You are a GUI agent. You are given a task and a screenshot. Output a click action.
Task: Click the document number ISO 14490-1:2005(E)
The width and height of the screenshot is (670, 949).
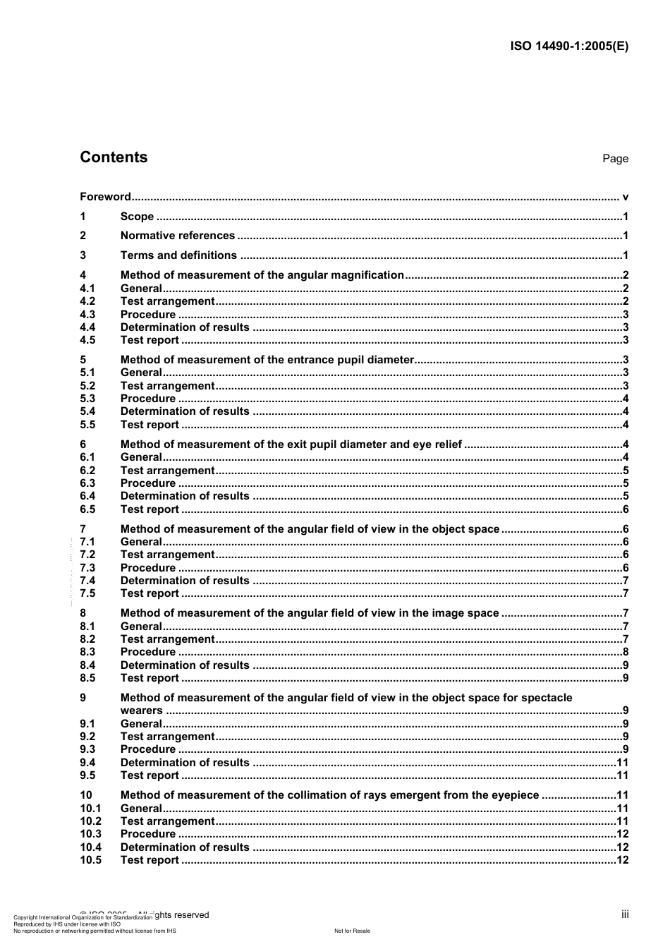[x=568, y=47]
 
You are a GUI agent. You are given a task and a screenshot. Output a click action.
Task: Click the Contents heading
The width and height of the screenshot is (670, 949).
[x=114, y=157]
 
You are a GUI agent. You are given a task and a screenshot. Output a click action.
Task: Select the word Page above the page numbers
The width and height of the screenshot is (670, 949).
[x=615, y=159]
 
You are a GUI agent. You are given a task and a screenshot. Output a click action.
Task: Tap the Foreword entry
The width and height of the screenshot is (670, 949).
[x=105, y=197]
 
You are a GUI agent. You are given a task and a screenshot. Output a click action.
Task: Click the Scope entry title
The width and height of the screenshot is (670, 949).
[x=137, y=217]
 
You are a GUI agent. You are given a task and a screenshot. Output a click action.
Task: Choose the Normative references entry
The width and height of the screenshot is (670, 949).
[x=177, y=236]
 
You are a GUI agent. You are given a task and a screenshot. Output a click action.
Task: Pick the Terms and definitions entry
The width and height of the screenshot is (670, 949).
[x=178, y=255]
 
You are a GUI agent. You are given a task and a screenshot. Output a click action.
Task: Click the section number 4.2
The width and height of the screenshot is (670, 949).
[x=87, y=301]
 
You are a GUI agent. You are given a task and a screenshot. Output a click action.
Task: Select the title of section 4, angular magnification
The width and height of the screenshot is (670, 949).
[x=262, y=275]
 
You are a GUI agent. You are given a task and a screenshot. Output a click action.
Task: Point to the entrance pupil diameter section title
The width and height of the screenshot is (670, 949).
[x=267, y=360]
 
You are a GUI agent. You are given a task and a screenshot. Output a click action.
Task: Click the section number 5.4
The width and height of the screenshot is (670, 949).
[x=87, y=411]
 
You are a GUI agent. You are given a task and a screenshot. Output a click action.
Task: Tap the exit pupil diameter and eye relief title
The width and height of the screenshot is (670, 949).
[x=291, y=445]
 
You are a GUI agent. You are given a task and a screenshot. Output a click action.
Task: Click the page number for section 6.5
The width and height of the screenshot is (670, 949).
[x=626, y=509]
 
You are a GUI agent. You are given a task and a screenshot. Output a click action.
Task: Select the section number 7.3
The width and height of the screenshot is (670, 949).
[x=87, y=568]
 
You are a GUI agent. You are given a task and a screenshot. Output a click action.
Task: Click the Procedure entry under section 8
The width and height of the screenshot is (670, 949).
[x=147, y=652]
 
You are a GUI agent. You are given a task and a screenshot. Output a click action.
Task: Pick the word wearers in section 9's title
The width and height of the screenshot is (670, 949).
[x=141, y=711]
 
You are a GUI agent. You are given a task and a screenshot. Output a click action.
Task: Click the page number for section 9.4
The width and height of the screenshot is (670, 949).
[x=622, y=763]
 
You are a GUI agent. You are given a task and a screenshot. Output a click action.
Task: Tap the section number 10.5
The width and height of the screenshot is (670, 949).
[x=90, y=860]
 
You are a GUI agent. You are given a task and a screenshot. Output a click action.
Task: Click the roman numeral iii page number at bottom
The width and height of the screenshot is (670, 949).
[x=625, y=914]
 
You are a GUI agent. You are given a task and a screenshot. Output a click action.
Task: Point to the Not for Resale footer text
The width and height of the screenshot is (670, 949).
[x=352, y=931]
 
